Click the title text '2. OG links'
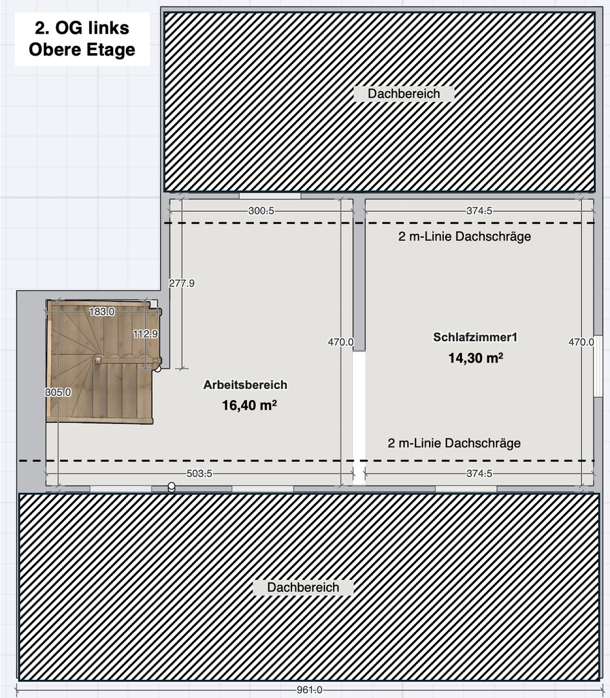coord(82,28)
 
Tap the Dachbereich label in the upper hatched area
coord(404,94)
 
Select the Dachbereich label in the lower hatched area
coord(303,587)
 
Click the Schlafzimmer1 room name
coord(476,337)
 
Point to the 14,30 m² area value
coord(476,358)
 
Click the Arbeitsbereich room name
coord(245,385)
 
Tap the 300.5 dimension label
coord(262,211)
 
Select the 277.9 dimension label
coord(182,283)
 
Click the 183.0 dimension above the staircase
coord(101,312)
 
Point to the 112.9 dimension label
coord(145,334)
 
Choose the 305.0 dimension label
coord(58,392)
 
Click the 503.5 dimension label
coord(200,474)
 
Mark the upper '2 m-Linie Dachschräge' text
coord(465,237)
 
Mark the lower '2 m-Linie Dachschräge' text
coord(454,443)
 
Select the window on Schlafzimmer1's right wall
coord(598,365)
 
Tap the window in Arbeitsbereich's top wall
coord(269,196)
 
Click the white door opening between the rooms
coord(359,418)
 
